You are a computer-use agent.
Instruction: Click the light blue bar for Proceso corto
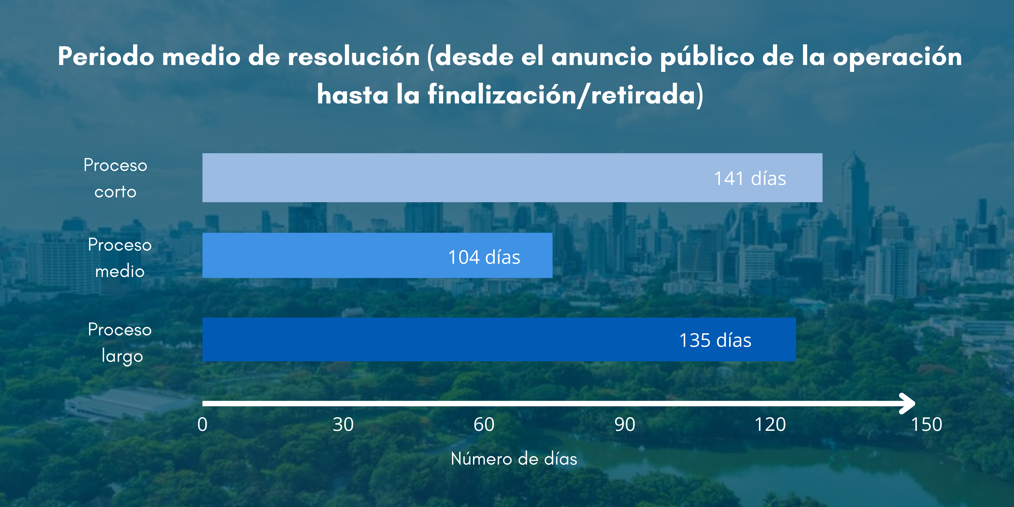point(512,178)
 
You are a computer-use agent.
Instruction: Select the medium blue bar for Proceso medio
point(377,255)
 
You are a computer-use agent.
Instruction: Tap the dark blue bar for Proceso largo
point(499,339)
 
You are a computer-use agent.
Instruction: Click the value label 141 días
point(750,178)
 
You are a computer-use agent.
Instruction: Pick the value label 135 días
point(715,340)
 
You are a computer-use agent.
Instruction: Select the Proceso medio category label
point(120,258)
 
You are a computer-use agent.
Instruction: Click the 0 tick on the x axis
point(202,424)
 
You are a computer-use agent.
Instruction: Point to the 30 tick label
point(343,424)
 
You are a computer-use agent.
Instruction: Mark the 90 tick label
point(625,424)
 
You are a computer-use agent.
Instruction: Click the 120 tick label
point(770,424)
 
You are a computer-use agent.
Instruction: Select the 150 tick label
point(927,424)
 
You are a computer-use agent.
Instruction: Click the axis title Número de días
point(514,459)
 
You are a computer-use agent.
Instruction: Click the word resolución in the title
point(354,56)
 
